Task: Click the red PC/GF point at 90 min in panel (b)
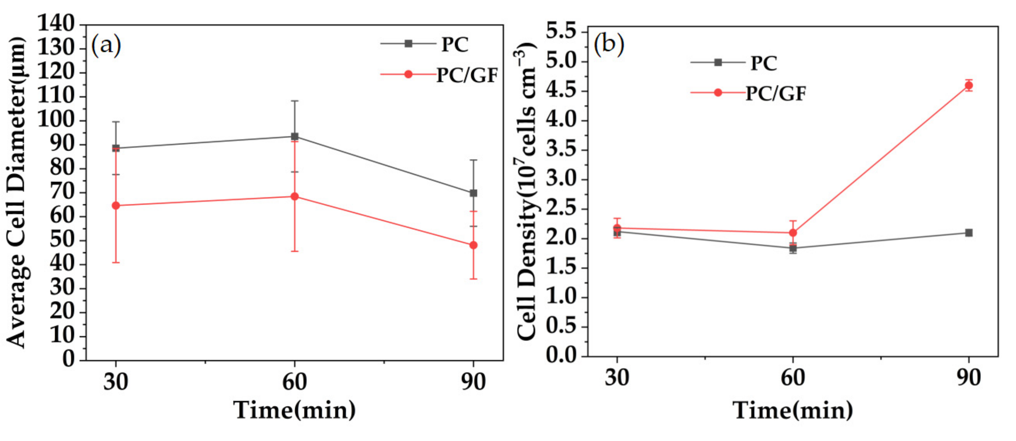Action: click(x=969, y=85)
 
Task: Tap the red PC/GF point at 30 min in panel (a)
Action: click(x=116, y=205)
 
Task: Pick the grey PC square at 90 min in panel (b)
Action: click(x=969, y=233)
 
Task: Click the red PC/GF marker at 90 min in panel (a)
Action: click(x=473, y=245)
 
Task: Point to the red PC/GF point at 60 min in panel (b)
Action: click(x=793, y=233)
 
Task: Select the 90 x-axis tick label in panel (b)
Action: click(x=969, y=377)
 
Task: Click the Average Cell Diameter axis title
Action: click(x=17, y=193)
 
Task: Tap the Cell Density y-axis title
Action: click(x=526, y=193)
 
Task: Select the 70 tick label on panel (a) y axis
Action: click(x=62, y=193)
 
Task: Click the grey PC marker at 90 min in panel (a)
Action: click(x=473, y=193)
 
